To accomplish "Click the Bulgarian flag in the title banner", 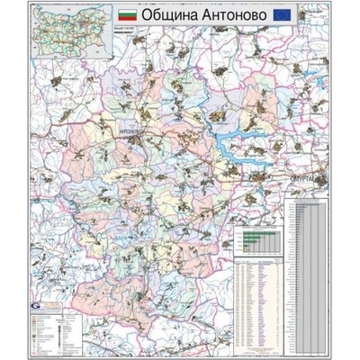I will click(130, 16).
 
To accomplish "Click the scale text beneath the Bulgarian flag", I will click(130, 28).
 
